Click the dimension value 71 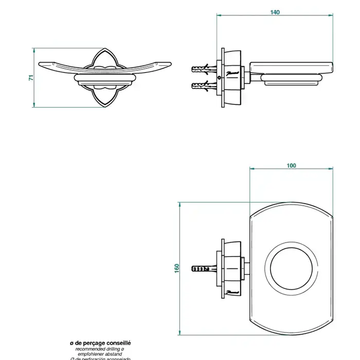coord(31,77)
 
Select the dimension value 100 coord(291,165)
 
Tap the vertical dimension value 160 coord(176,268)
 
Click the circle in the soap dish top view coord(290,268)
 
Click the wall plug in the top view coord(202,268)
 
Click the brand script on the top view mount coord(232,291)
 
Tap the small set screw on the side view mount coord(220,77)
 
